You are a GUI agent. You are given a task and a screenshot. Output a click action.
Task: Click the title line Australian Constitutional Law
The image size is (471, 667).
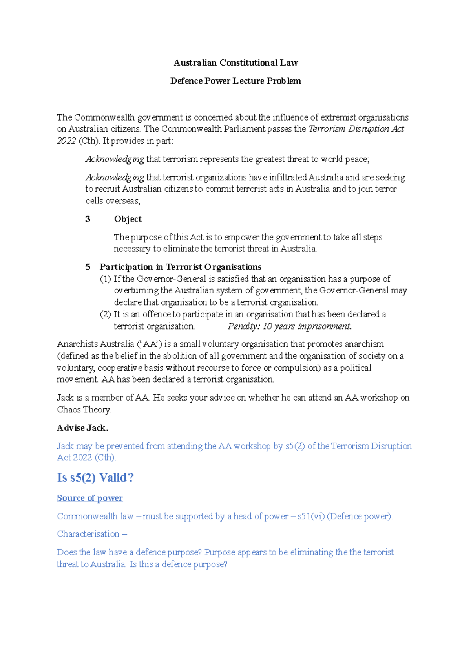coord(235,63)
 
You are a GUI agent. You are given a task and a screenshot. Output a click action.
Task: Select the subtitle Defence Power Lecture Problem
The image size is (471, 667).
coord(235,81)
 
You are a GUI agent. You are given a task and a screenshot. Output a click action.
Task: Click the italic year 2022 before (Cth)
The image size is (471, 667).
coord(66,141)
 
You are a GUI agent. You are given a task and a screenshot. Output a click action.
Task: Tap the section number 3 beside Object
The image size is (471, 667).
coord(88,219)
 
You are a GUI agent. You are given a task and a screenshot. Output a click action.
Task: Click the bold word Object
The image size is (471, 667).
coord(128,219)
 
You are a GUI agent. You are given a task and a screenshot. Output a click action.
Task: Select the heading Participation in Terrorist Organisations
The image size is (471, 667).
coord(180,267)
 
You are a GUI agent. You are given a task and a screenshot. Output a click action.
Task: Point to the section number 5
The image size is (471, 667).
coord(88,267)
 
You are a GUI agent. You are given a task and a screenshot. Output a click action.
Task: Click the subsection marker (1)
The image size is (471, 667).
coord(105,279)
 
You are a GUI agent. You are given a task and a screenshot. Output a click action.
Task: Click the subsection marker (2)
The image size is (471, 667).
coord(105,314)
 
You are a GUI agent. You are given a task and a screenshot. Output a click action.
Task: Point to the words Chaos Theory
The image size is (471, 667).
coord(84,410)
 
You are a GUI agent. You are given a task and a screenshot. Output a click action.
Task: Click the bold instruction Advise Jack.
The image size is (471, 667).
coord(82,428)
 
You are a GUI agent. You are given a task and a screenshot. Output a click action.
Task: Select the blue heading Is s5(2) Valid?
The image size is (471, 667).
coord(95,478)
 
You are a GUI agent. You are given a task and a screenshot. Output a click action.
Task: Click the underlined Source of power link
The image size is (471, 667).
coord(90,498)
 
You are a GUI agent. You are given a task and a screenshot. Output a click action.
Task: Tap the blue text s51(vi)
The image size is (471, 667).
coord(311,516)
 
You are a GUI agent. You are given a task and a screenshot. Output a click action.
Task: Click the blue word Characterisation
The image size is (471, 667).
coord(88,534)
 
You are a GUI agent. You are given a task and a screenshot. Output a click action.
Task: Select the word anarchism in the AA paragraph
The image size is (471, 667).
coord(364,344)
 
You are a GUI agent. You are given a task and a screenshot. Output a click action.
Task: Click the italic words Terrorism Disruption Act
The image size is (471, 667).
coord(356,129)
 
